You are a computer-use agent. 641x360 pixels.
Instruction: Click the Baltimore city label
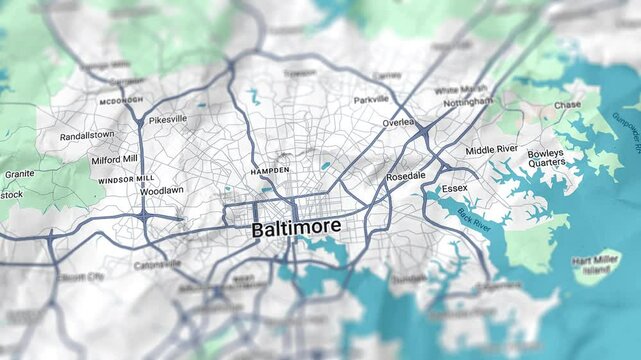point(296,229)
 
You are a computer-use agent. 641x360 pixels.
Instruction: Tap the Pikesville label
point(168,119)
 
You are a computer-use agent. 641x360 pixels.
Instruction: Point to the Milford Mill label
point(115,159)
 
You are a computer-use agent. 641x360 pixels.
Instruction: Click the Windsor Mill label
point(124,179)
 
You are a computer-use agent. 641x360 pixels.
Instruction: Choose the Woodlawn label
point(161,190)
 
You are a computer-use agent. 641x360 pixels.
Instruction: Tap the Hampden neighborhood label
point(269,170)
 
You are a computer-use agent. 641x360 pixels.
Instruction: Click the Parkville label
point(371,100)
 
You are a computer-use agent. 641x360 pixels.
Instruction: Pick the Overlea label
point(397,122)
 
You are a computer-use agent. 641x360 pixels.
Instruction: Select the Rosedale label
point(406,175)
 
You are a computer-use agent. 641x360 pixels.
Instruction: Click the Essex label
point(454,187)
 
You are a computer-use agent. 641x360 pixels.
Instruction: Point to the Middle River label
point(492,150)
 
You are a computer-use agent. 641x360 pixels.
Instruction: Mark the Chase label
point(567,105)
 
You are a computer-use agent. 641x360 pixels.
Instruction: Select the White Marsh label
point(461,90)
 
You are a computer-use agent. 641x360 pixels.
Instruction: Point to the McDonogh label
point(121,100)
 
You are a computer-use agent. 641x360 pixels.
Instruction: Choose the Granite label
point(18,174)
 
